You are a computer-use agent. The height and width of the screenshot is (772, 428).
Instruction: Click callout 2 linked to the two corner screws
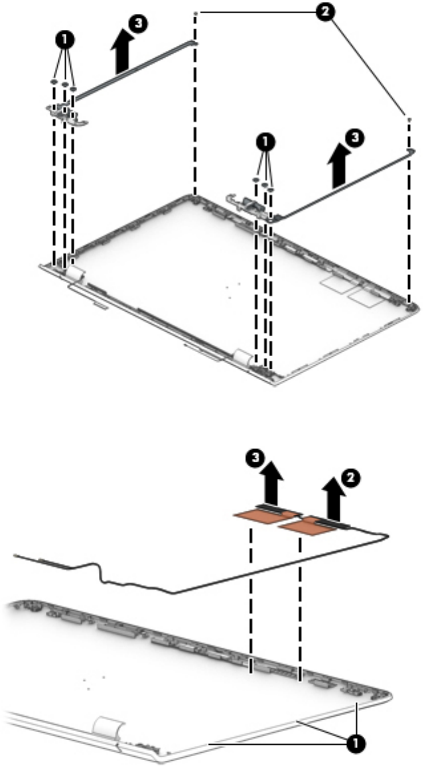[325, 12]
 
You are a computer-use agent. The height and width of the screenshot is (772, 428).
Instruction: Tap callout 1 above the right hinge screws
[265, 143]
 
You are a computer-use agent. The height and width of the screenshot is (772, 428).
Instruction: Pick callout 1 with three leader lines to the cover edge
[356, 743]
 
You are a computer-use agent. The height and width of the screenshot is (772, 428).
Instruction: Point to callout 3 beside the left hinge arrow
[139, 25]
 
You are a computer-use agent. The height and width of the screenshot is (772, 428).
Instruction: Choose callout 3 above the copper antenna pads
[254, 458]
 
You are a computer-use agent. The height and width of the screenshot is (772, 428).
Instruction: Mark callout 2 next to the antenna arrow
[350, 477]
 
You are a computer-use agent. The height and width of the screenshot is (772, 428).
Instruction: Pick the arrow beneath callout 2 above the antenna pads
[333, 500]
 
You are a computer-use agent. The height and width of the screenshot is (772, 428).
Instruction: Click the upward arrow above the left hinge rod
[121, 54]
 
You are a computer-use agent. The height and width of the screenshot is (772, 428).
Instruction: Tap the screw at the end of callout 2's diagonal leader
[409, 119]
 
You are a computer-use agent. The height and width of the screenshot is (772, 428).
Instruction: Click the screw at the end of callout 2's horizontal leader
[196, 13]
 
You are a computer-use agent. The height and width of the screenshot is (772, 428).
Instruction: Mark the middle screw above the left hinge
[64, 84]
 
